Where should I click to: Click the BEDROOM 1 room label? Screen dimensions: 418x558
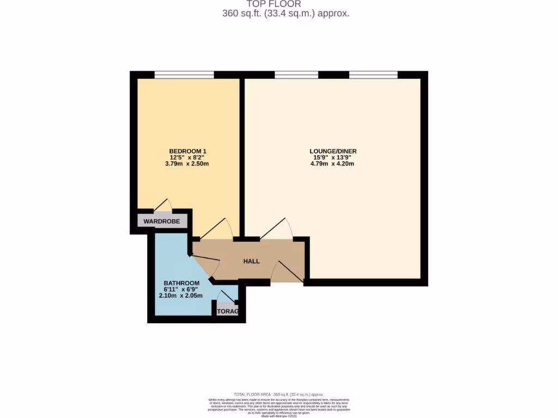click(187, 151)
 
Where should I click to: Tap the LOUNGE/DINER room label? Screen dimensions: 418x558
click(333, 151)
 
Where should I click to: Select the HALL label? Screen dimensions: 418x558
click(251, 261)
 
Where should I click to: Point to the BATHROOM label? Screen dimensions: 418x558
click(181, 283)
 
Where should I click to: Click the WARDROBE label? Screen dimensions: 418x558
click(162, 222)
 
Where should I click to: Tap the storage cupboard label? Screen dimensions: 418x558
click(228, 312)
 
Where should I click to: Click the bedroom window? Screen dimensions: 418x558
click(184, 75)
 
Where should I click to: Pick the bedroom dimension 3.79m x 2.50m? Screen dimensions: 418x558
click(187, 163)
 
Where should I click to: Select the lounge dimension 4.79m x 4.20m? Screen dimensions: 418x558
click(333, 163)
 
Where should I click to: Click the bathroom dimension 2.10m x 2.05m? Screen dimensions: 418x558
click(181, 296)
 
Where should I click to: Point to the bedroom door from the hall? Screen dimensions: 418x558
click(216, 229)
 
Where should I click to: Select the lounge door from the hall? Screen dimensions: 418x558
click(277, 229)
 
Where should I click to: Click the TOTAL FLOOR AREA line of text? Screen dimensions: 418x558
click(278, 394)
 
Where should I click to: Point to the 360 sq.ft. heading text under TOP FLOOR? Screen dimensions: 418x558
click(286, 14)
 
